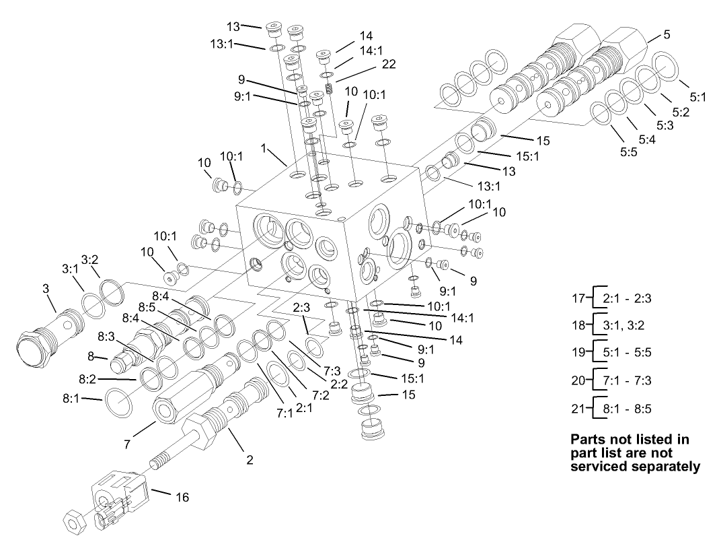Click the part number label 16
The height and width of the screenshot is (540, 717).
[182, 498]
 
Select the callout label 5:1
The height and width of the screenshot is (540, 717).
[697, 96]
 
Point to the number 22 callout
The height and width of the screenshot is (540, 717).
[388, 65]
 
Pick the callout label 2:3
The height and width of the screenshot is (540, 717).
[301, 308]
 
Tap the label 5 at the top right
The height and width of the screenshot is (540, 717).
[666, 35]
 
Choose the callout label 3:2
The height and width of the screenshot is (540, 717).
[91, 259]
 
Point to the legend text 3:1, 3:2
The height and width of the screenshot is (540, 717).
[623, 325]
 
